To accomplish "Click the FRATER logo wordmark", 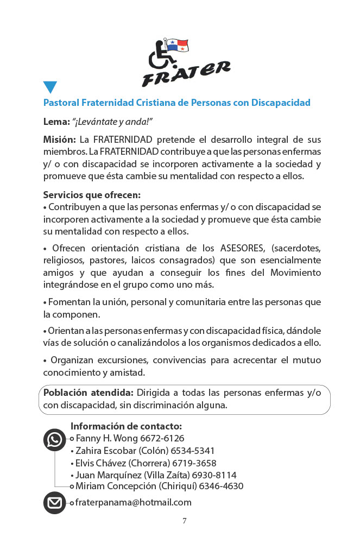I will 186,74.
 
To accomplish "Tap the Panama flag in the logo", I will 176,45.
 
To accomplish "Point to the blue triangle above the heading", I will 50,87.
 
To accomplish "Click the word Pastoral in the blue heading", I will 61,103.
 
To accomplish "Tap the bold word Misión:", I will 60,140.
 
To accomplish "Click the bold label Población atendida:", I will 88,393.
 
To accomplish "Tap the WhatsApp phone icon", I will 54,440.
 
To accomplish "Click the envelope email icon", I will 54,503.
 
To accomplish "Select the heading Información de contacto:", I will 126,426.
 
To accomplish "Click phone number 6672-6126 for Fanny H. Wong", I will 162,438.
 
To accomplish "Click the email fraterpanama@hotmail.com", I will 134,503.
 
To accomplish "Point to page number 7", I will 184,521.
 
